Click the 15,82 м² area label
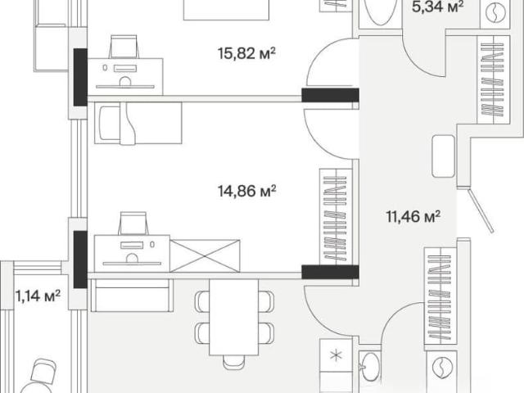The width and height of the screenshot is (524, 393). click(247, 53)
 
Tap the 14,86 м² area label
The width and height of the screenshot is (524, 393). click(247, 191)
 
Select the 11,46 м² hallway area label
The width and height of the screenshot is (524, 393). click(413, 216)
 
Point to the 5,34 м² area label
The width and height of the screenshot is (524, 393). click(438, 7)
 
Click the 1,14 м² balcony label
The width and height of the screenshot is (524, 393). click(38, 296)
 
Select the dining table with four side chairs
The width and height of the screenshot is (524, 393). click(234, 317)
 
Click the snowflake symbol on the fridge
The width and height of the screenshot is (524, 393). click(336, 355)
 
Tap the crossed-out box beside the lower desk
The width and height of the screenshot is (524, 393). click(205, 255)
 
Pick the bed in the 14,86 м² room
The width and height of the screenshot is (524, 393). click(138, 124)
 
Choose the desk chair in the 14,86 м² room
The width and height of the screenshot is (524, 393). click(133, 224)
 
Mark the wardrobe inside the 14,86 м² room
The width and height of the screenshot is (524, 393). click(336, 216)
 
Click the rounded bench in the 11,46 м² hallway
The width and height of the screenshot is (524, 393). click(444, 156)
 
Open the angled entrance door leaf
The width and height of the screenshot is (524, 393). click(481, 210)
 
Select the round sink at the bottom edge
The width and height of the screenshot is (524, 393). click(371, 367)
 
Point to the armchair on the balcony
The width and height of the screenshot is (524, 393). click(43, 371)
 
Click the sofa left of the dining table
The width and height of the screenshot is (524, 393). click(131, 295)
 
